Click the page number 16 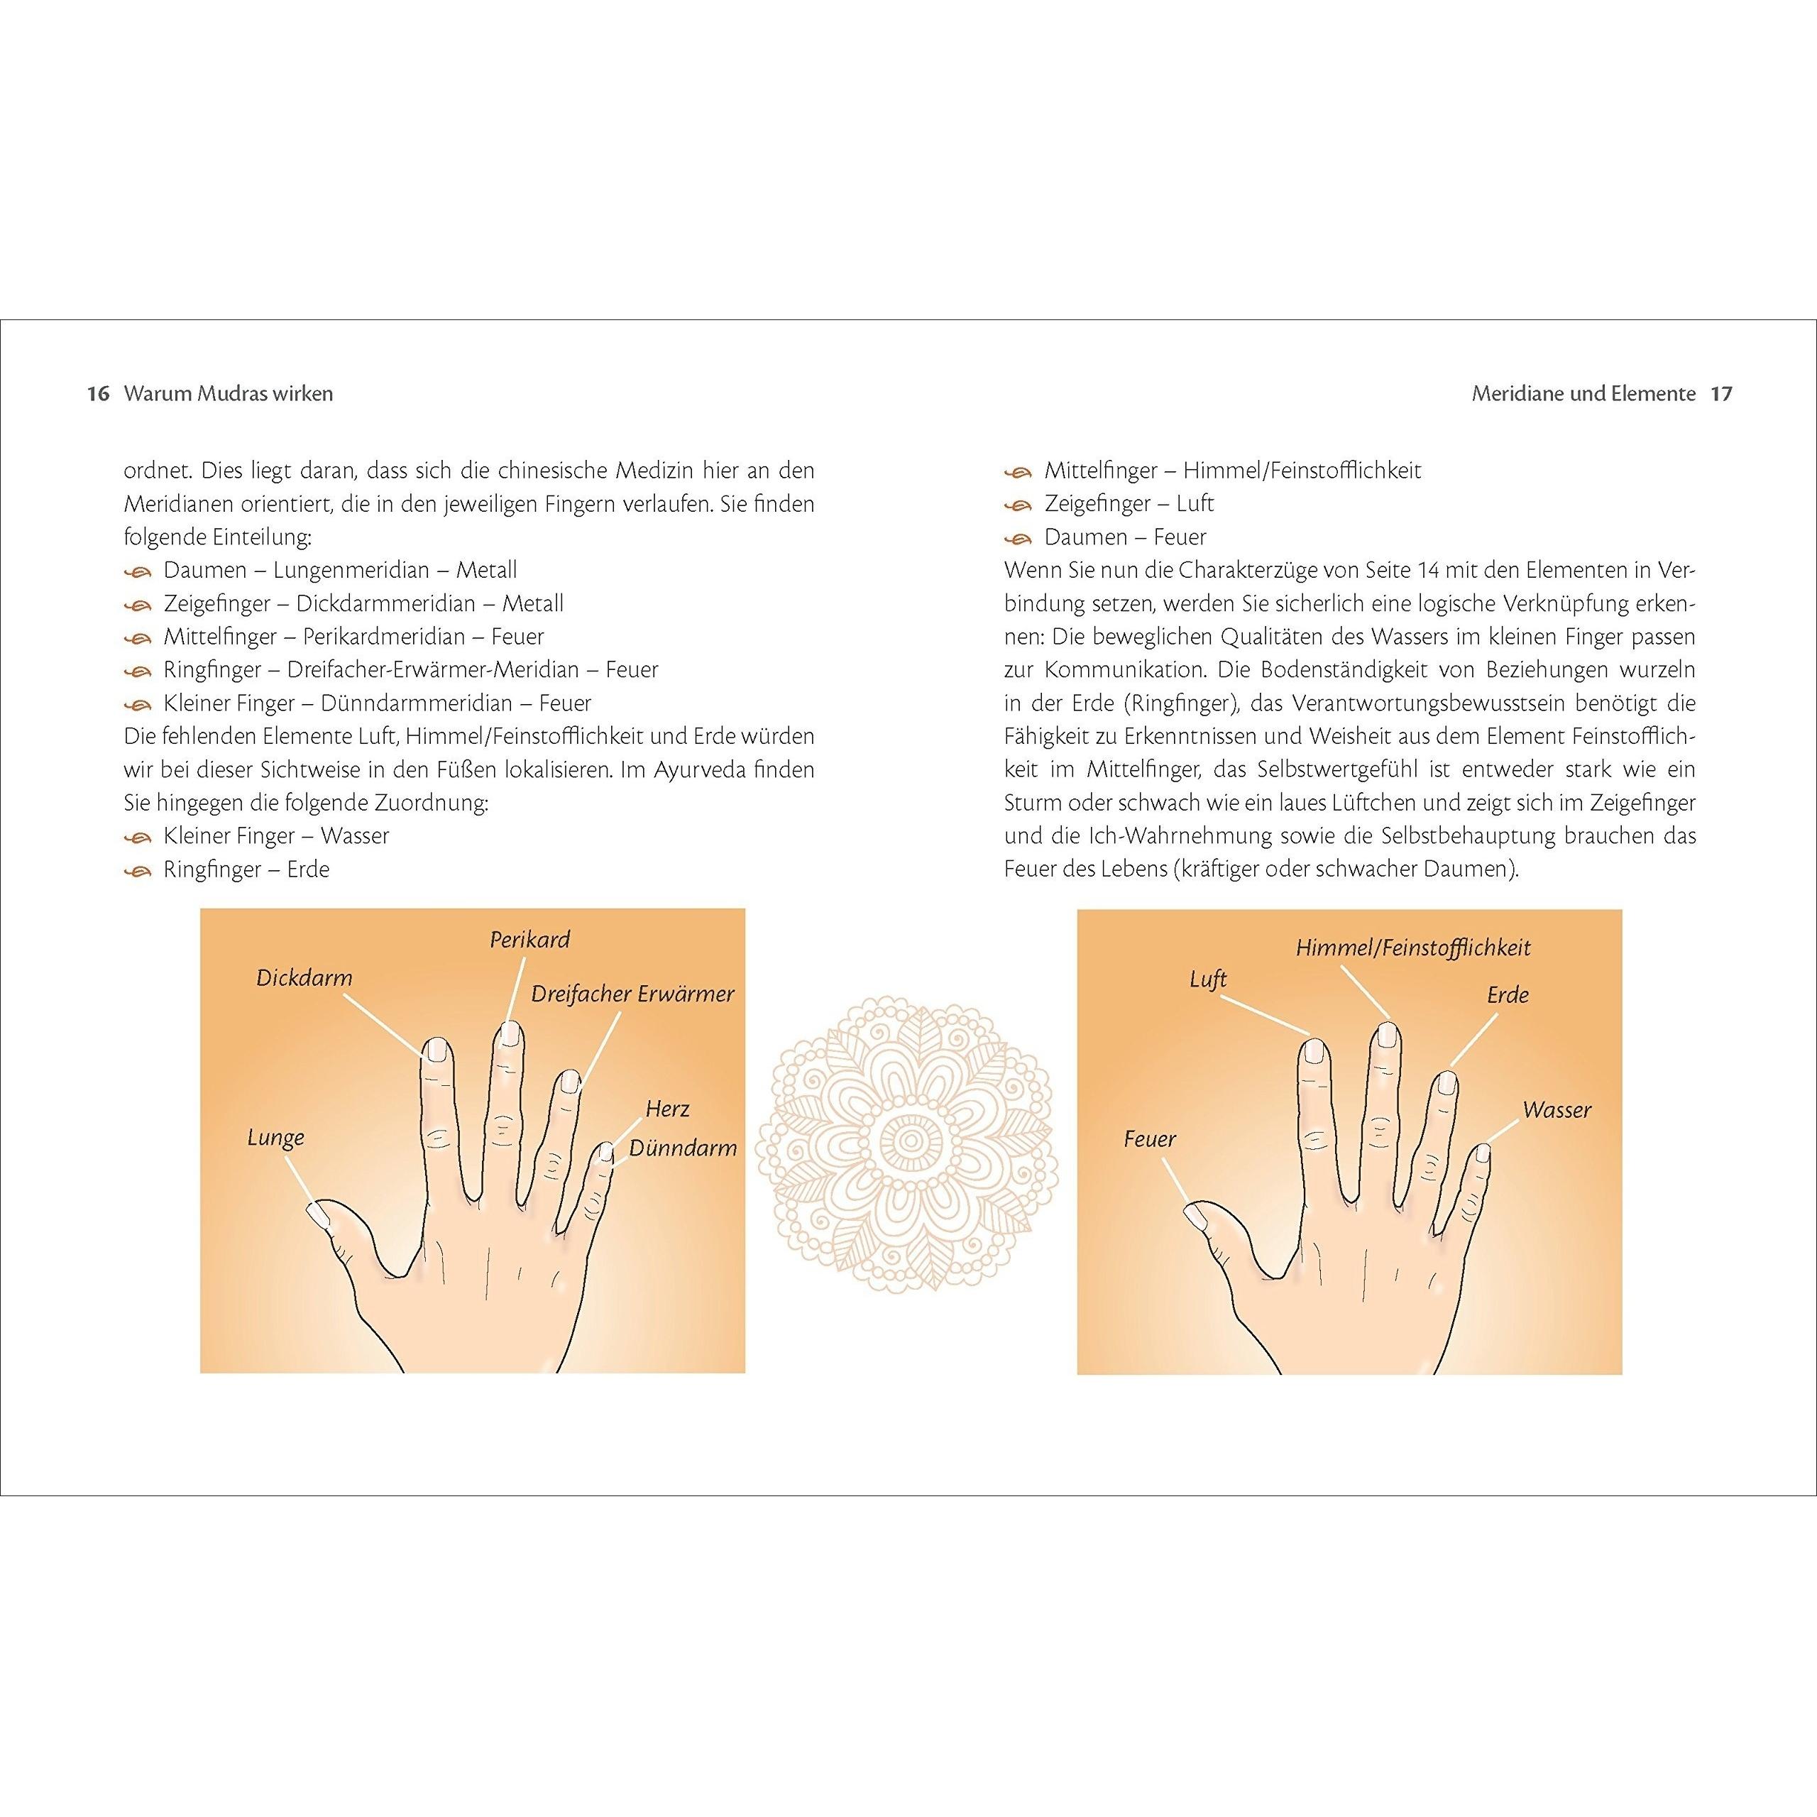[x=99, y=393]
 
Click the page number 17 [x=1721, y=393]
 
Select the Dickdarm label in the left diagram [x=304, y=978]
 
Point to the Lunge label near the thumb [x=275, y=1138]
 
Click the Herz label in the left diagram [x=668, y=1109]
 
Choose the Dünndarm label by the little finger [x=683, y=1148]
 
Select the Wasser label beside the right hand [x=1557, y=1110]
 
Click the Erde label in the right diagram [x=1508, y=995]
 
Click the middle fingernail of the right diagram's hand [x=1387, y=1036]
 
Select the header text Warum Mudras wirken [x=229, y=393]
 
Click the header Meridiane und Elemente [x=1583, y=393]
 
